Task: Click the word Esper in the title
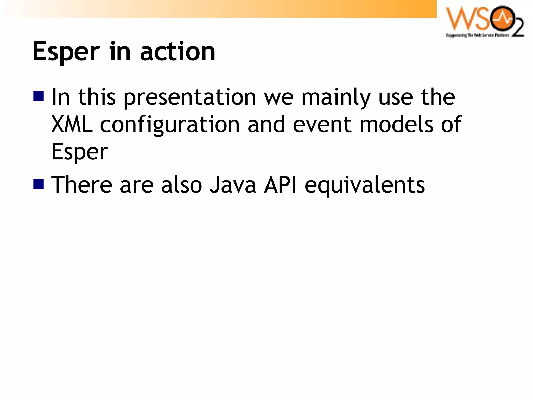point(66,52)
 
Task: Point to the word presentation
point(190,98)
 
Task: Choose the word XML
point(72,124)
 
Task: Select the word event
point(322,124)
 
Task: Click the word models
point(396,124)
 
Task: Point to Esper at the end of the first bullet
point(80,152)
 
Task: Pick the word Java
point(233,185)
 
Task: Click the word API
point(280,185)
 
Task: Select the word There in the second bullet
point(82,185)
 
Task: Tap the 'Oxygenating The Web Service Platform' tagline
point(477,35)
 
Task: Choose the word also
point(181,185)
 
